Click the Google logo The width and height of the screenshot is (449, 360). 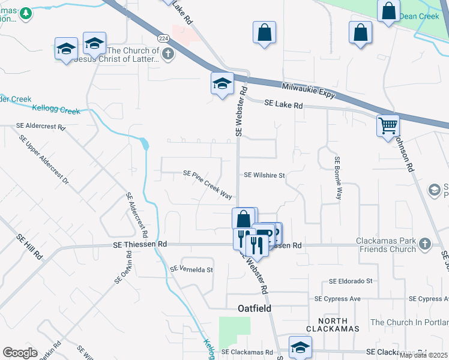(20, 353)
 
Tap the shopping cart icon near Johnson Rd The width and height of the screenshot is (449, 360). (388, 126)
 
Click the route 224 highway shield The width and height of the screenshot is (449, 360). (164, 38)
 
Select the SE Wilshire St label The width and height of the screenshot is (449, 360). (264, 175)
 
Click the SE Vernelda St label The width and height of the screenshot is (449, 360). (192, 269)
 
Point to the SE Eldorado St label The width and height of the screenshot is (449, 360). (351, 281)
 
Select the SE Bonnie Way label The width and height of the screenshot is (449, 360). (339, 178)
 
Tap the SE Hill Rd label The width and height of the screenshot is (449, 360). (31, 246)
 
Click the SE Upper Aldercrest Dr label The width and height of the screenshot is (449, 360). (45, 159)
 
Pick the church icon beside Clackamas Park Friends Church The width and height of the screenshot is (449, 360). (425, 244)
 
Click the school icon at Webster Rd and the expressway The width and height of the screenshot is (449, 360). (221, 83)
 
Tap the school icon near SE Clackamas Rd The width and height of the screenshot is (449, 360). (300, 347)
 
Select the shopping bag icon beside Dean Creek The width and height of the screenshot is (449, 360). (389, 11)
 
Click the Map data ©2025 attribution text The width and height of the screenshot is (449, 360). (423, 355)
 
